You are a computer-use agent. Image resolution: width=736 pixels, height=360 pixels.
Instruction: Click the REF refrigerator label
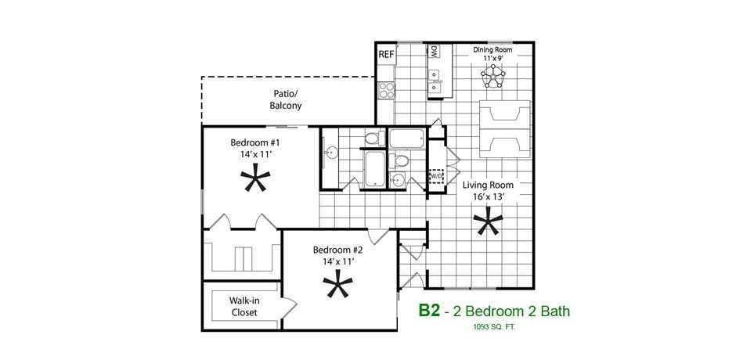(x=385, y=55)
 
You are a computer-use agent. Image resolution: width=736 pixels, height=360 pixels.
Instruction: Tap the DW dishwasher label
(x=433, y=52)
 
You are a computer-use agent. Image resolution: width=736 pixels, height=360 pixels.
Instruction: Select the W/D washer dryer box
(x=436, y=176)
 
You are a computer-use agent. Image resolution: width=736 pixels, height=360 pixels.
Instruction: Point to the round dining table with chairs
(x=493, y=76)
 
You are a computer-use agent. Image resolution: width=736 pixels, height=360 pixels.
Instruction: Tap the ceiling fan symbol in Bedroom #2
(x=338, y=286)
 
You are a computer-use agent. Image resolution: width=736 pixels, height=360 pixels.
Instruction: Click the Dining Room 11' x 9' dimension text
(x=492, y=58)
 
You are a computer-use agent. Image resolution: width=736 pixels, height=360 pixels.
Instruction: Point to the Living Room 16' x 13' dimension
(x=488, y=197)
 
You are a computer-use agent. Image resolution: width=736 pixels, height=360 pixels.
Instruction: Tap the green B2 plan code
(x=428, y=311)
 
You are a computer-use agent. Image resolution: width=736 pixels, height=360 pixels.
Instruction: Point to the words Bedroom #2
(x=338, y=250)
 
